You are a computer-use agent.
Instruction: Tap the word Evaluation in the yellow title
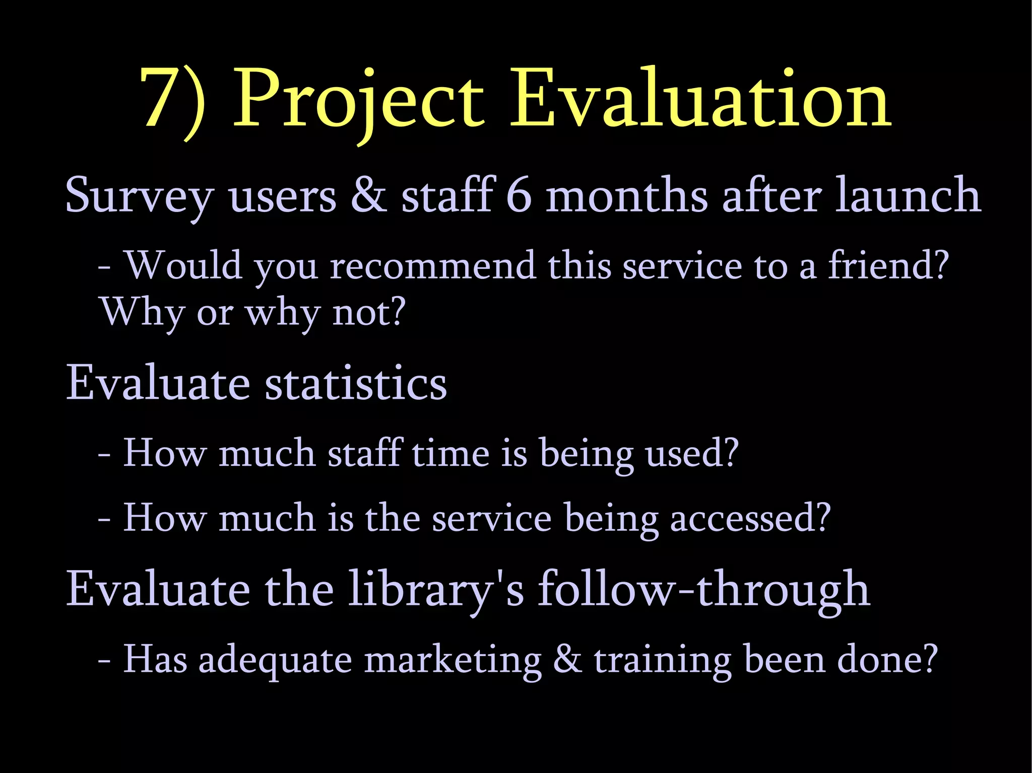pos(700,98)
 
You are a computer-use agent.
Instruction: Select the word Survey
pos(139,196)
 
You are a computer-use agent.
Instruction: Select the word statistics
pos(356,383)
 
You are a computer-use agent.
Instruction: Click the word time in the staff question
pos(450,453)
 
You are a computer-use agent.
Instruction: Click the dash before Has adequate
pos(104,661)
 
